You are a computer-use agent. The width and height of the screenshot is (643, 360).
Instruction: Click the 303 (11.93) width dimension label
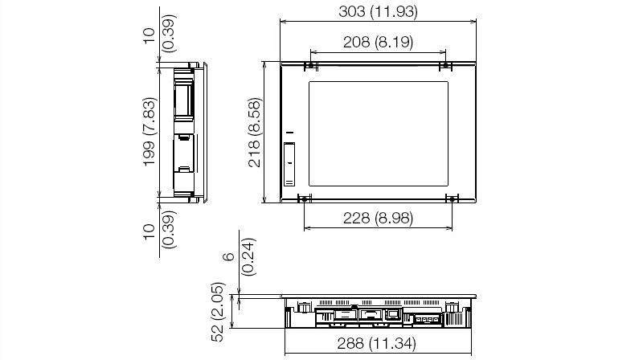(x=378, y=11)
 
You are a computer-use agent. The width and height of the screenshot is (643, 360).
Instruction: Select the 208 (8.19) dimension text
(x=378, y=42)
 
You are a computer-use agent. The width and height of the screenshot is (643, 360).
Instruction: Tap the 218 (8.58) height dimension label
(x=255, y=133)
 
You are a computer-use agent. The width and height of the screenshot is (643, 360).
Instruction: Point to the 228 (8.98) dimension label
(x=378, y=218)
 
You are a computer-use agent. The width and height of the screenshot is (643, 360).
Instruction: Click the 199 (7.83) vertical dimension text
(x=149, y=132)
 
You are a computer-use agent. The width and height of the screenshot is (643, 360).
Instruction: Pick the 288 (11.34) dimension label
(x=376, y=343)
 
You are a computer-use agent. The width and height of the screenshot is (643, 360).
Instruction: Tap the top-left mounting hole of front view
(x=311, y=65)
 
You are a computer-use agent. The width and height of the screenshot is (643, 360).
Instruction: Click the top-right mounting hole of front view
(x=445, y=65)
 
